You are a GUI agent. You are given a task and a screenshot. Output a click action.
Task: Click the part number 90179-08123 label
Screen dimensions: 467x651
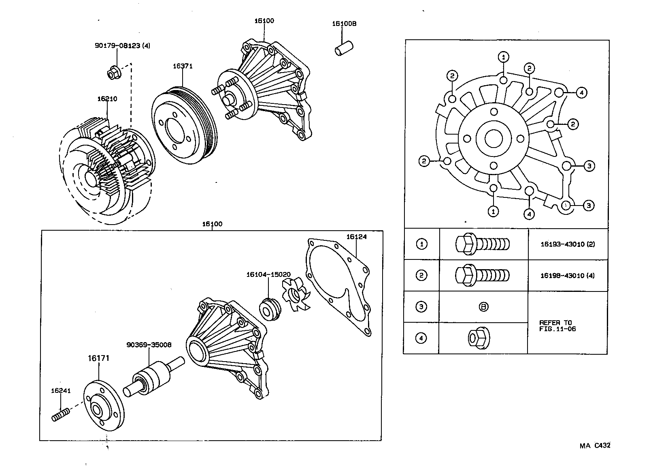click(122, 46)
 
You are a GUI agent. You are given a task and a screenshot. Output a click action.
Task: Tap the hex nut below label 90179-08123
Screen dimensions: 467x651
click(113, 73)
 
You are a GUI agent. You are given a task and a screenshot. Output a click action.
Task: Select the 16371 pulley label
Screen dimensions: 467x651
click(183, 66)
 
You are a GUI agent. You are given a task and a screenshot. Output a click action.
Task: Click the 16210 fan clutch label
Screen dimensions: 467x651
click(107, 99)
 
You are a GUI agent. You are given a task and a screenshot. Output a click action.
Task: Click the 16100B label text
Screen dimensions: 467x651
click(344, 24)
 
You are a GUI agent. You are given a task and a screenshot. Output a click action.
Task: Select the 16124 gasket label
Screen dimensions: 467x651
click(356, 237)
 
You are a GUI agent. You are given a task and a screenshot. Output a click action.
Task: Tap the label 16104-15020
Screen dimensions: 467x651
click(268, 274)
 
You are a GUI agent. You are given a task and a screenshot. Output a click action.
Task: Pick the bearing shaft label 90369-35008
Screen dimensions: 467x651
click(149, 345)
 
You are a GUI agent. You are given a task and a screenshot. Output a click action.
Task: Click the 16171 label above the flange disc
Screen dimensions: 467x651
click(99, 358)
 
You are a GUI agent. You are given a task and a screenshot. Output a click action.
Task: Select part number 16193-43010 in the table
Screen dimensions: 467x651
click(568, 244)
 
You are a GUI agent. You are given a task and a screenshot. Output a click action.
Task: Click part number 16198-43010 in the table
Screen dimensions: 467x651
click(568, 276)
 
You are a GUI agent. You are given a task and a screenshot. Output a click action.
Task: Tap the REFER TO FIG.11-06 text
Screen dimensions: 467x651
click(557, 326)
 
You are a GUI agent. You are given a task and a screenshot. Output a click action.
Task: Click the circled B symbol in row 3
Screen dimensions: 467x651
click(483, 307)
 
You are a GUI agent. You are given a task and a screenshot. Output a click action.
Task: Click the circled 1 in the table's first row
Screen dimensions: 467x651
click(421, 244)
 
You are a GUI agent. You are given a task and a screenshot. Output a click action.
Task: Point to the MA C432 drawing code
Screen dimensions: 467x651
click(594, 446)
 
